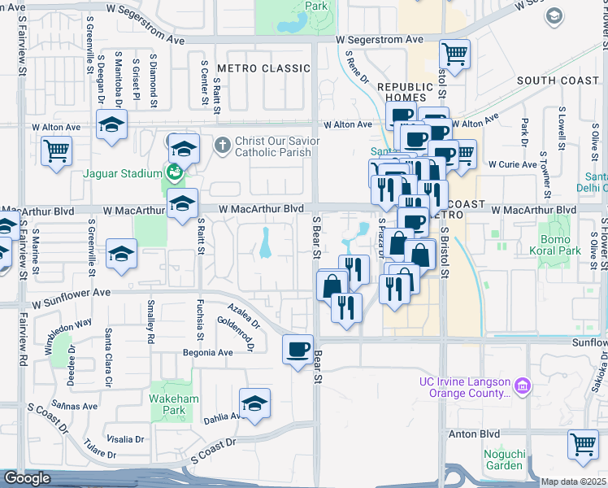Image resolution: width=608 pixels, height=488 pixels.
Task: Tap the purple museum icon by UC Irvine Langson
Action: click(x=523, y=383)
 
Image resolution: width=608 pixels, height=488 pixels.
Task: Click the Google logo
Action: click(x=27, y=478)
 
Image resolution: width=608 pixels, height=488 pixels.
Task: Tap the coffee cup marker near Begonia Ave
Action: click(x=297, y=350)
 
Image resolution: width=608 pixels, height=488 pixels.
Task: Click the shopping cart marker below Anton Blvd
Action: click(x=584, y=446)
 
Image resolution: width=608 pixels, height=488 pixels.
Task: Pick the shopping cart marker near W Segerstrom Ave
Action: click(x=455, y=55)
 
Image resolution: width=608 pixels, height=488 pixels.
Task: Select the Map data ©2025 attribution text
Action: click(x=574, y=481)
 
